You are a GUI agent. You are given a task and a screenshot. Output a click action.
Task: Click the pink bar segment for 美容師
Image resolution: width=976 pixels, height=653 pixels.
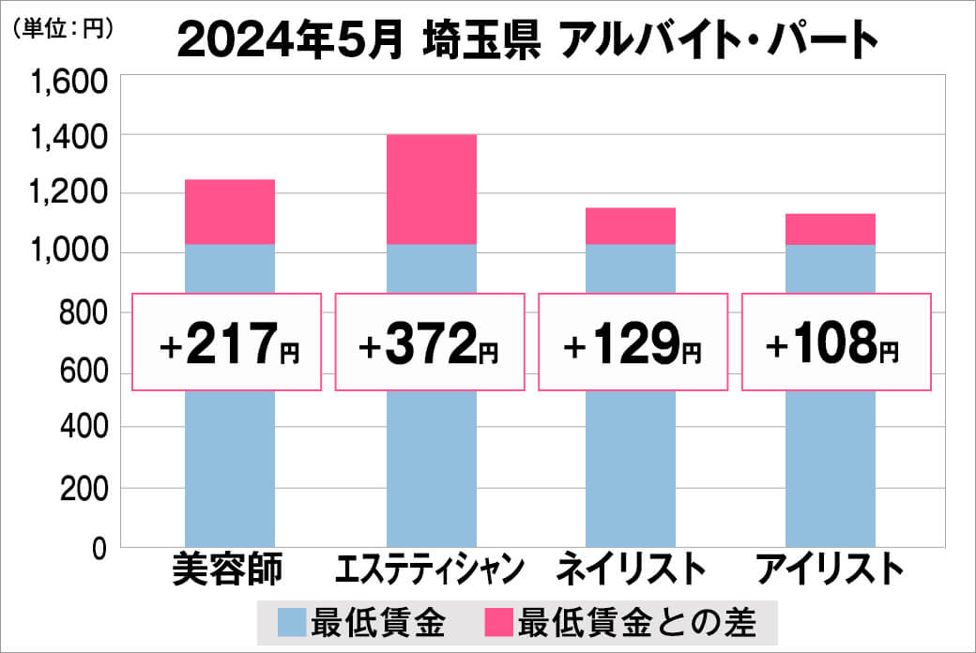[x=230, y=212]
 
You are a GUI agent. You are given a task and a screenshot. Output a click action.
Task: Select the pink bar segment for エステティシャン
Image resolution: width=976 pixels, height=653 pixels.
[x=432, y=190]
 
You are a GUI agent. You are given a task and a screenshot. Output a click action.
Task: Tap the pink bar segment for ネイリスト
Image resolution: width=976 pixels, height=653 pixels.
[x=631, y=226]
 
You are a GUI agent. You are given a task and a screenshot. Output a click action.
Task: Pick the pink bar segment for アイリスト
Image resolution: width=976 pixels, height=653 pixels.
[x=831, y=230]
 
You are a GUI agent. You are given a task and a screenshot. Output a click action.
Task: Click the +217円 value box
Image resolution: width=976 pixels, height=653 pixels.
[x=228, y=342]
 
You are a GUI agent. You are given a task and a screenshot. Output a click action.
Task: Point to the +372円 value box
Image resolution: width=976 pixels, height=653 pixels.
[x=430, y=342]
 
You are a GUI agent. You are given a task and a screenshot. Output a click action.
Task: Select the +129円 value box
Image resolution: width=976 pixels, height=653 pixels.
[x=633, y=342]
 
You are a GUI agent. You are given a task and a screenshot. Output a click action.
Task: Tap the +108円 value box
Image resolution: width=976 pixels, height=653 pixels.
[x=836, y=342]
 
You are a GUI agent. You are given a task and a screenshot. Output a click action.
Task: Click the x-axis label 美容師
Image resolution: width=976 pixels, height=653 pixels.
[x=228, y=569]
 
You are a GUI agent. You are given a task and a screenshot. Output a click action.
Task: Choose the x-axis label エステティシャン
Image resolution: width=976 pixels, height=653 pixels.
[x=431, y=569]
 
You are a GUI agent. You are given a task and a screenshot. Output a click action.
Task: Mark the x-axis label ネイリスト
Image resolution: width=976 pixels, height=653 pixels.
[x=631, y=569]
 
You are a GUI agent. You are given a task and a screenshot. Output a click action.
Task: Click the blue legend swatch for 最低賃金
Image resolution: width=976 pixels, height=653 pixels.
[x=292, y=621]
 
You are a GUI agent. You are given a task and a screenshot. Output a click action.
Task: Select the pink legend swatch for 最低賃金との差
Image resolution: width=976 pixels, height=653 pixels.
[x=500, y=621]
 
